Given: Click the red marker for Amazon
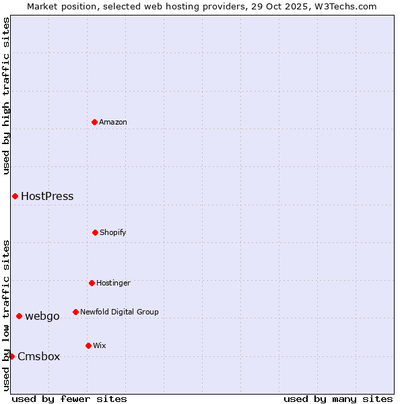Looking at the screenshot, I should pyautogui.click(x=94, y=122).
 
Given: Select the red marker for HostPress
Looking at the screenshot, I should pyautogui.click(x=15, y=196).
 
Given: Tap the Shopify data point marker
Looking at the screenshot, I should pyautogui.click(x=95, y=232).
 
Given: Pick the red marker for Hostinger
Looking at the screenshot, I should pyautogui.click(x=92, y=283).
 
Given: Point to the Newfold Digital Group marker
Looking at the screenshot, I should pyautogui.click(x=75, y=312).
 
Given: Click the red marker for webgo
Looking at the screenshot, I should pyautogui.click(x=19, y=316).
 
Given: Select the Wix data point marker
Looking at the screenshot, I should pyautogui.click(x=88, y=345).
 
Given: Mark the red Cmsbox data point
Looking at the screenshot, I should pyautogui.click(x=11, y=356).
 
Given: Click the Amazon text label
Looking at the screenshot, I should pyautogui.click(x=113, y=122).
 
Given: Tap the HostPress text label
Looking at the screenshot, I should pyautogui.click(x=47, y=197).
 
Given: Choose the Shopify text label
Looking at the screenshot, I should pyautogui.click(x=113, y=232).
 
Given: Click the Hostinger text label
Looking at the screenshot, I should pyautogui.click(x=113, y=283).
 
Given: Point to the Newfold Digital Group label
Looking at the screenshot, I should pyautogui.click(x=119, y=312).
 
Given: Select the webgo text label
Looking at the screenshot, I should pyautogui.click(x=42, y=316).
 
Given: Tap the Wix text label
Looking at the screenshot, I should pyautogui.click(x=100, y=345).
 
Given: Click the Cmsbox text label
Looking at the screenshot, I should pyautogui.click(x=39, y=357).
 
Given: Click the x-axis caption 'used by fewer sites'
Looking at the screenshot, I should pyautogui.click(x=69, y=399).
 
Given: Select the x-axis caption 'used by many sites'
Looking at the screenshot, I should pyautogui.click(x=338, y=399).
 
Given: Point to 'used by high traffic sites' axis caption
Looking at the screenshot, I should pyautogui.click(x=6, y=96).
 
